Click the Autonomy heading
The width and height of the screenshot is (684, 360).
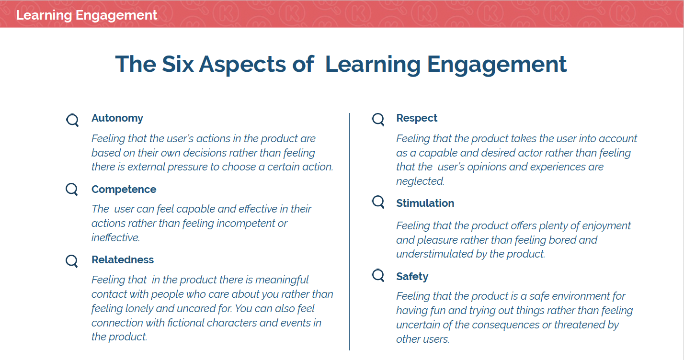point(117,118)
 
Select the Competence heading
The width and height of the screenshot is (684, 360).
point(124,190)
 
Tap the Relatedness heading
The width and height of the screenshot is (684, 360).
point(123,259)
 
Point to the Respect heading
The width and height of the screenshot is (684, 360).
point(417,118)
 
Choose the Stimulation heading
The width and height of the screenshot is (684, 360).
point(425,203)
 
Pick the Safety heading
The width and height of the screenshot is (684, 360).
point(412,276)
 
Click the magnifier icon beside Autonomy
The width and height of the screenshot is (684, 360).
point(73,120)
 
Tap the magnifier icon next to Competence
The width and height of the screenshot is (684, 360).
point(72,190)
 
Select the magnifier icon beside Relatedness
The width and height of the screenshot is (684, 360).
point(72,261)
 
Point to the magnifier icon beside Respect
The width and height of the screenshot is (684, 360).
point(378,119)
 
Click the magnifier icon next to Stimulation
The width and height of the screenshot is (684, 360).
point(378,202)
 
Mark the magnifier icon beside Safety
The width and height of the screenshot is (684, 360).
point(378,275)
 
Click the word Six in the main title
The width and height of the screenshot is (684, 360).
point(178,64)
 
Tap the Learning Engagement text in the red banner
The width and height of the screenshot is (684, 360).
point(86,15)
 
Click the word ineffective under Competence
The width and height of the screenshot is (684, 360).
point(115,237)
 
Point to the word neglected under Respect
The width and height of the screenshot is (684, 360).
point(420,181)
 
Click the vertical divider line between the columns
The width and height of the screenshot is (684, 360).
point(349,232)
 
